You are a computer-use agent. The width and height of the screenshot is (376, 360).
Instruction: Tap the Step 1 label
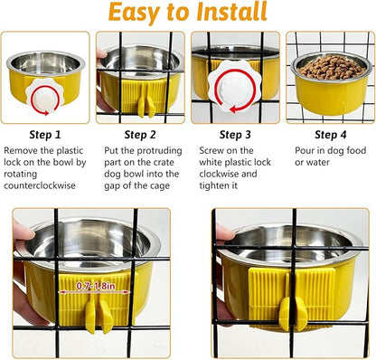[x=45, y=134]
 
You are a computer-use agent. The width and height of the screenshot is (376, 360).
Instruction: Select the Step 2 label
[x=140, y=134]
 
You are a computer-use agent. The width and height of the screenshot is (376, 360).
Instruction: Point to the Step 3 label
[x=235, y=134]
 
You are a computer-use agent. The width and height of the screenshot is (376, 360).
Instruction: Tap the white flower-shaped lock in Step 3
[x=227, y=84]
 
